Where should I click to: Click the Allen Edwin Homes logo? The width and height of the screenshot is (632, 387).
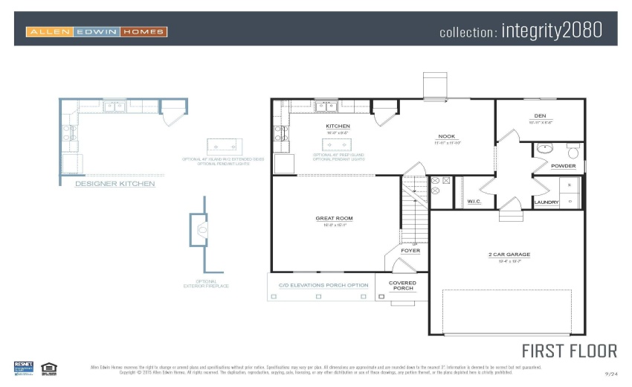point(97,32)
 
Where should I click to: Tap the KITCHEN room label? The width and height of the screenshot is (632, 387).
point(338,127)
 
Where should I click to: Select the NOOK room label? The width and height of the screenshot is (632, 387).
point(447,137)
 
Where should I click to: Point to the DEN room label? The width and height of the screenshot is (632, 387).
point(540,116)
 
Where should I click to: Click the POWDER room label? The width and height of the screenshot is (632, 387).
point(563,166)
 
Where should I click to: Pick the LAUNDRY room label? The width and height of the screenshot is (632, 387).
point(546,202)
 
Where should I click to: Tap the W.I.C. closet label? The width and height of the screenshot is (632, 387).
point(474,202)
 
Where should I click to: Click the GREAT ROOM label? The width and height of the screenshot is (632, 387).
point(334,219)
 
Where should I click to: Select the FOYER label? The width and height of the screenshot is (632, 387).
point(410,251)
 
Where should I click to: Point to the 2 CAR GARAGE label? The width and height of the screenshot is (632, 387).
point(509,255)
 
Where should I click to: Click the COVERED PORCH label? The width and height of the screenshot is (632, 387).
point(402,286)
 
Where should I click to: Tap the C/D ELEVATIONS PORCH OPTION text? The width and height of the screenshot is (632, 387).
point(323,285)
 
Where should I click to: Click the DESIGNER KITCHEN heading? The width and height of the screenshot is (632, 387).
point(115,183)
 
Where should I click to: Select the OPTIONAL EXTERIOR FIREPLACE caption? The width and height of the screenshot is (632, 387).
point(206,284)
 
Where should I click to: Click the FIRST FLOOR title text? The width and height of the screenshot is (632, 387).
point(569,351)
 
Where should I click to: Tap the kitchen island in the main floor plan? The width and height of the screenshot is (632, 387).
point(336,144)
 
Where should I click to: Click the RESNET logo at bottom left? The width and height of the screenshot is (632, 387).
point(24,367)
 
